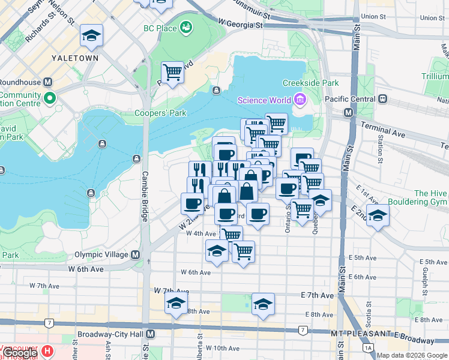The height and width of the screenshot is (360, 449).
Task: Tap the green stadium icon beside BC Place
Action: click(x=187, y=27)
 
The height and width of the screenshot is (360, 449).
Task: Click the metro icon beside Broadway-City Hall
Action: click(x=150, y=334)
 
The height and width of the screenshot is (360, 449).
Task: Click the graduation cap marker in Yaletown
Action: click(x=91, y=37)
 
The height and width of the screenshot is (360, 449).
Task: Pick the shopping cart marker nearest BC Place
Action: click(x=172, y=73)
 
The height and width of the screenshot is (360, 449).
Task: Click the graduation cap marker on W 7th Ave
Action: click(x=176, y=304)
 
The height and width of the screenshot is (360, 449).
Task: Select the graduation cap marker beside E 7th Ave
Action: click(x=263, y=304)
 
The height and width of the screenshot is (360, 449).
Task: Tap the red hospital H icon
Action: click(x=47, y=350)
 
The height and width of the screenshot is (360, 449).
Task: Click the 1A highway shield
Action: click(x=367, y=347)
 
